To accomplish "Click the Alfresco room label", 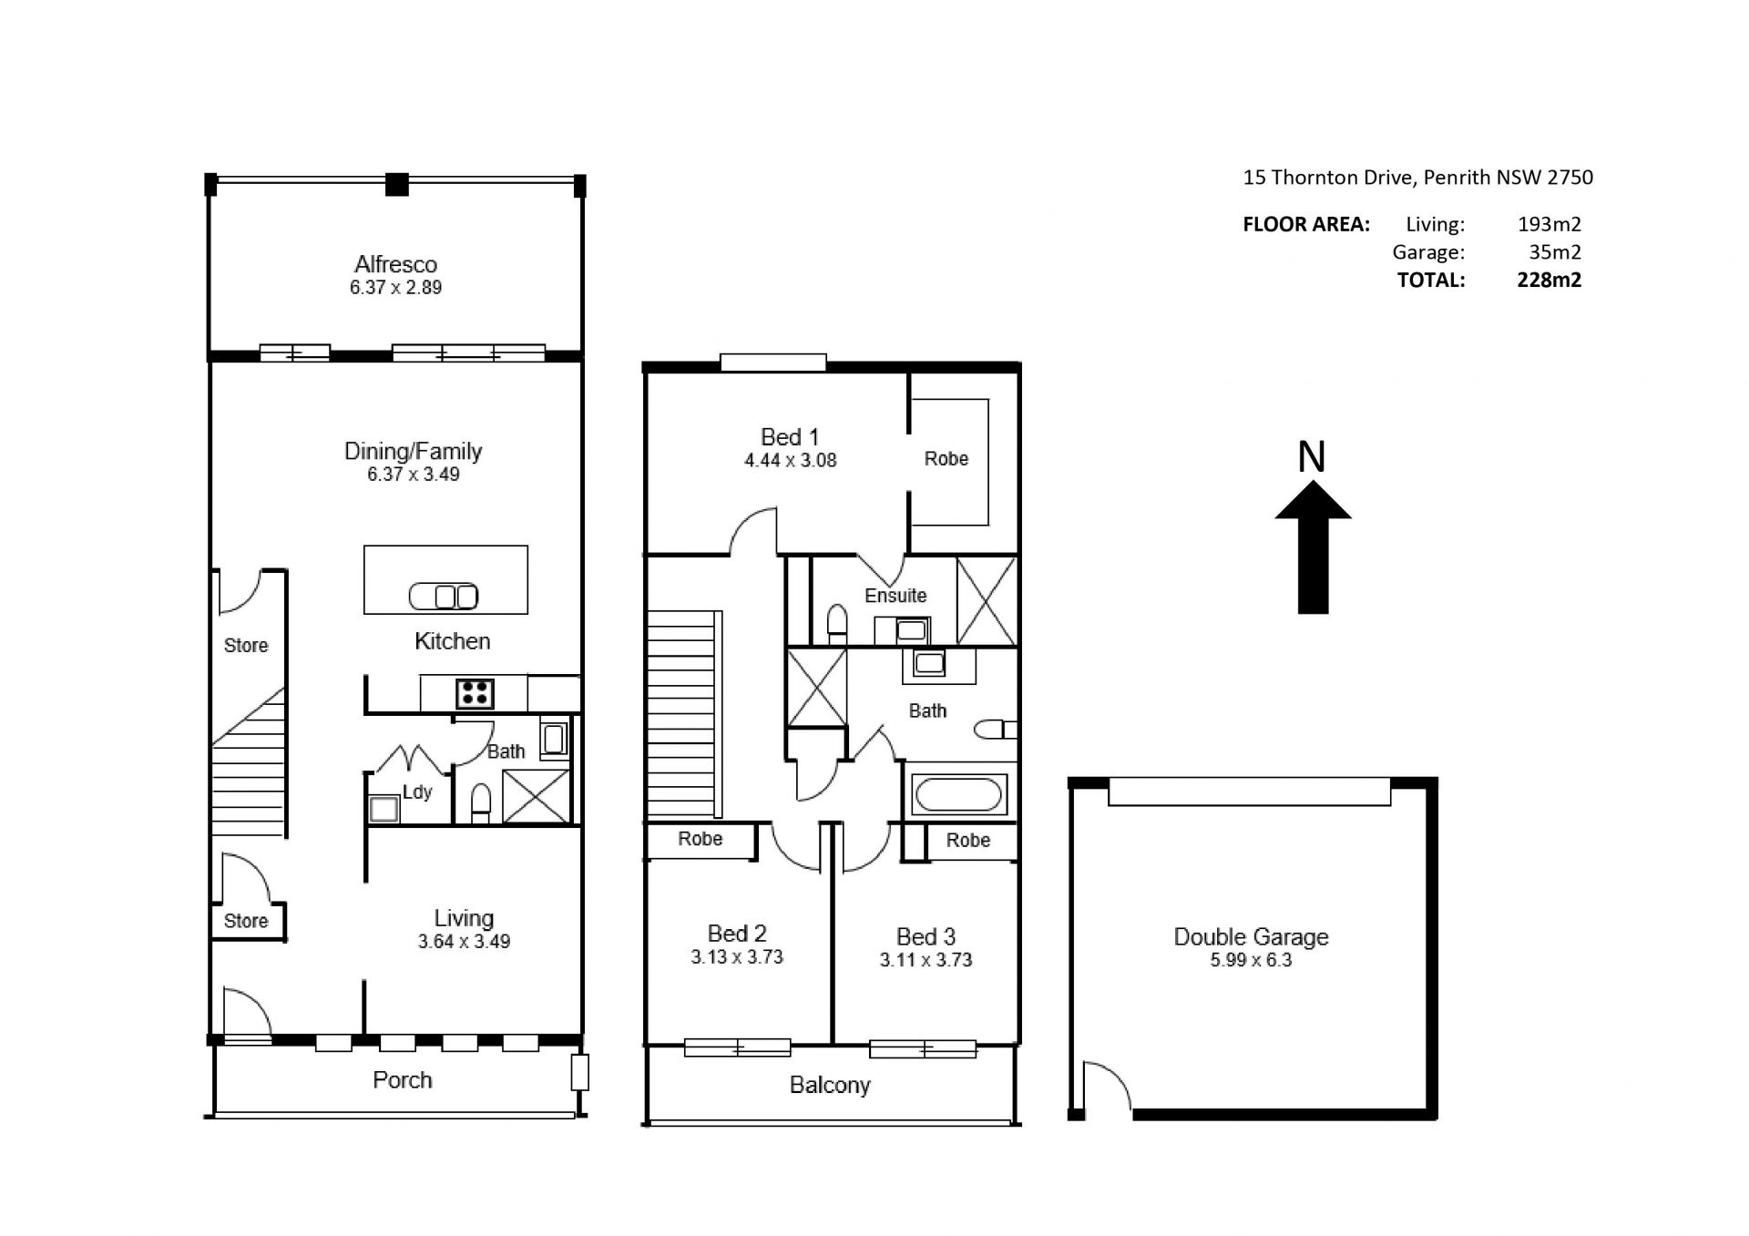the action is (395, 264).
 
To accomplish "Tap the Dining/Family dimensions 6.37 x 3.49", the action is (414, 475).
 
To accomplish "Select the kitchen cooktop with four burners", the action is (474, 693).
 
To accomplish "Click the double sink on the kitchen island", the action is (444, 597).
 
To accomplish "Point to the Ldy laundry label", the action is (417, 792).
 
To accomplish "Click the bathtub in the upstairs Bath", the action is (957, 794).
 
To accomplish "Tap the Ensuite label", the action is (895, 596).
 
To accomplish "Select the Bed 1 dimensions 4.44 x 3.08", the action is (790, 461).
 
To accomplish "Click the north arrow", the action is (1313, 547).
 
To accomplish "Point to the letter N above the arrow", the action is (1312, 456).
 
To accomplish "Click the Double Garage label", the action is (1251, 936).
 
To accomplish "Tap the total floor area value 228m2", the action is (1549, 280).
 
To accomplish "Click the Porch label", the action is (402, 1080).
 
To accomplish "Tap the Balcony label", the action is (830, 1085).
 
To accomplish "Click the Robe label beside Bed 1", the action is (946, 459).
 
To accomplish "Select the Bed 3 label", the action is (926, 937).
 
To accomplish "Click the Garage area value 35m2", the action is (1555, 252).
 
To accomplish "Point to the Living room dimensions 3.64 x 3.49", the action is (464, 942).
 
